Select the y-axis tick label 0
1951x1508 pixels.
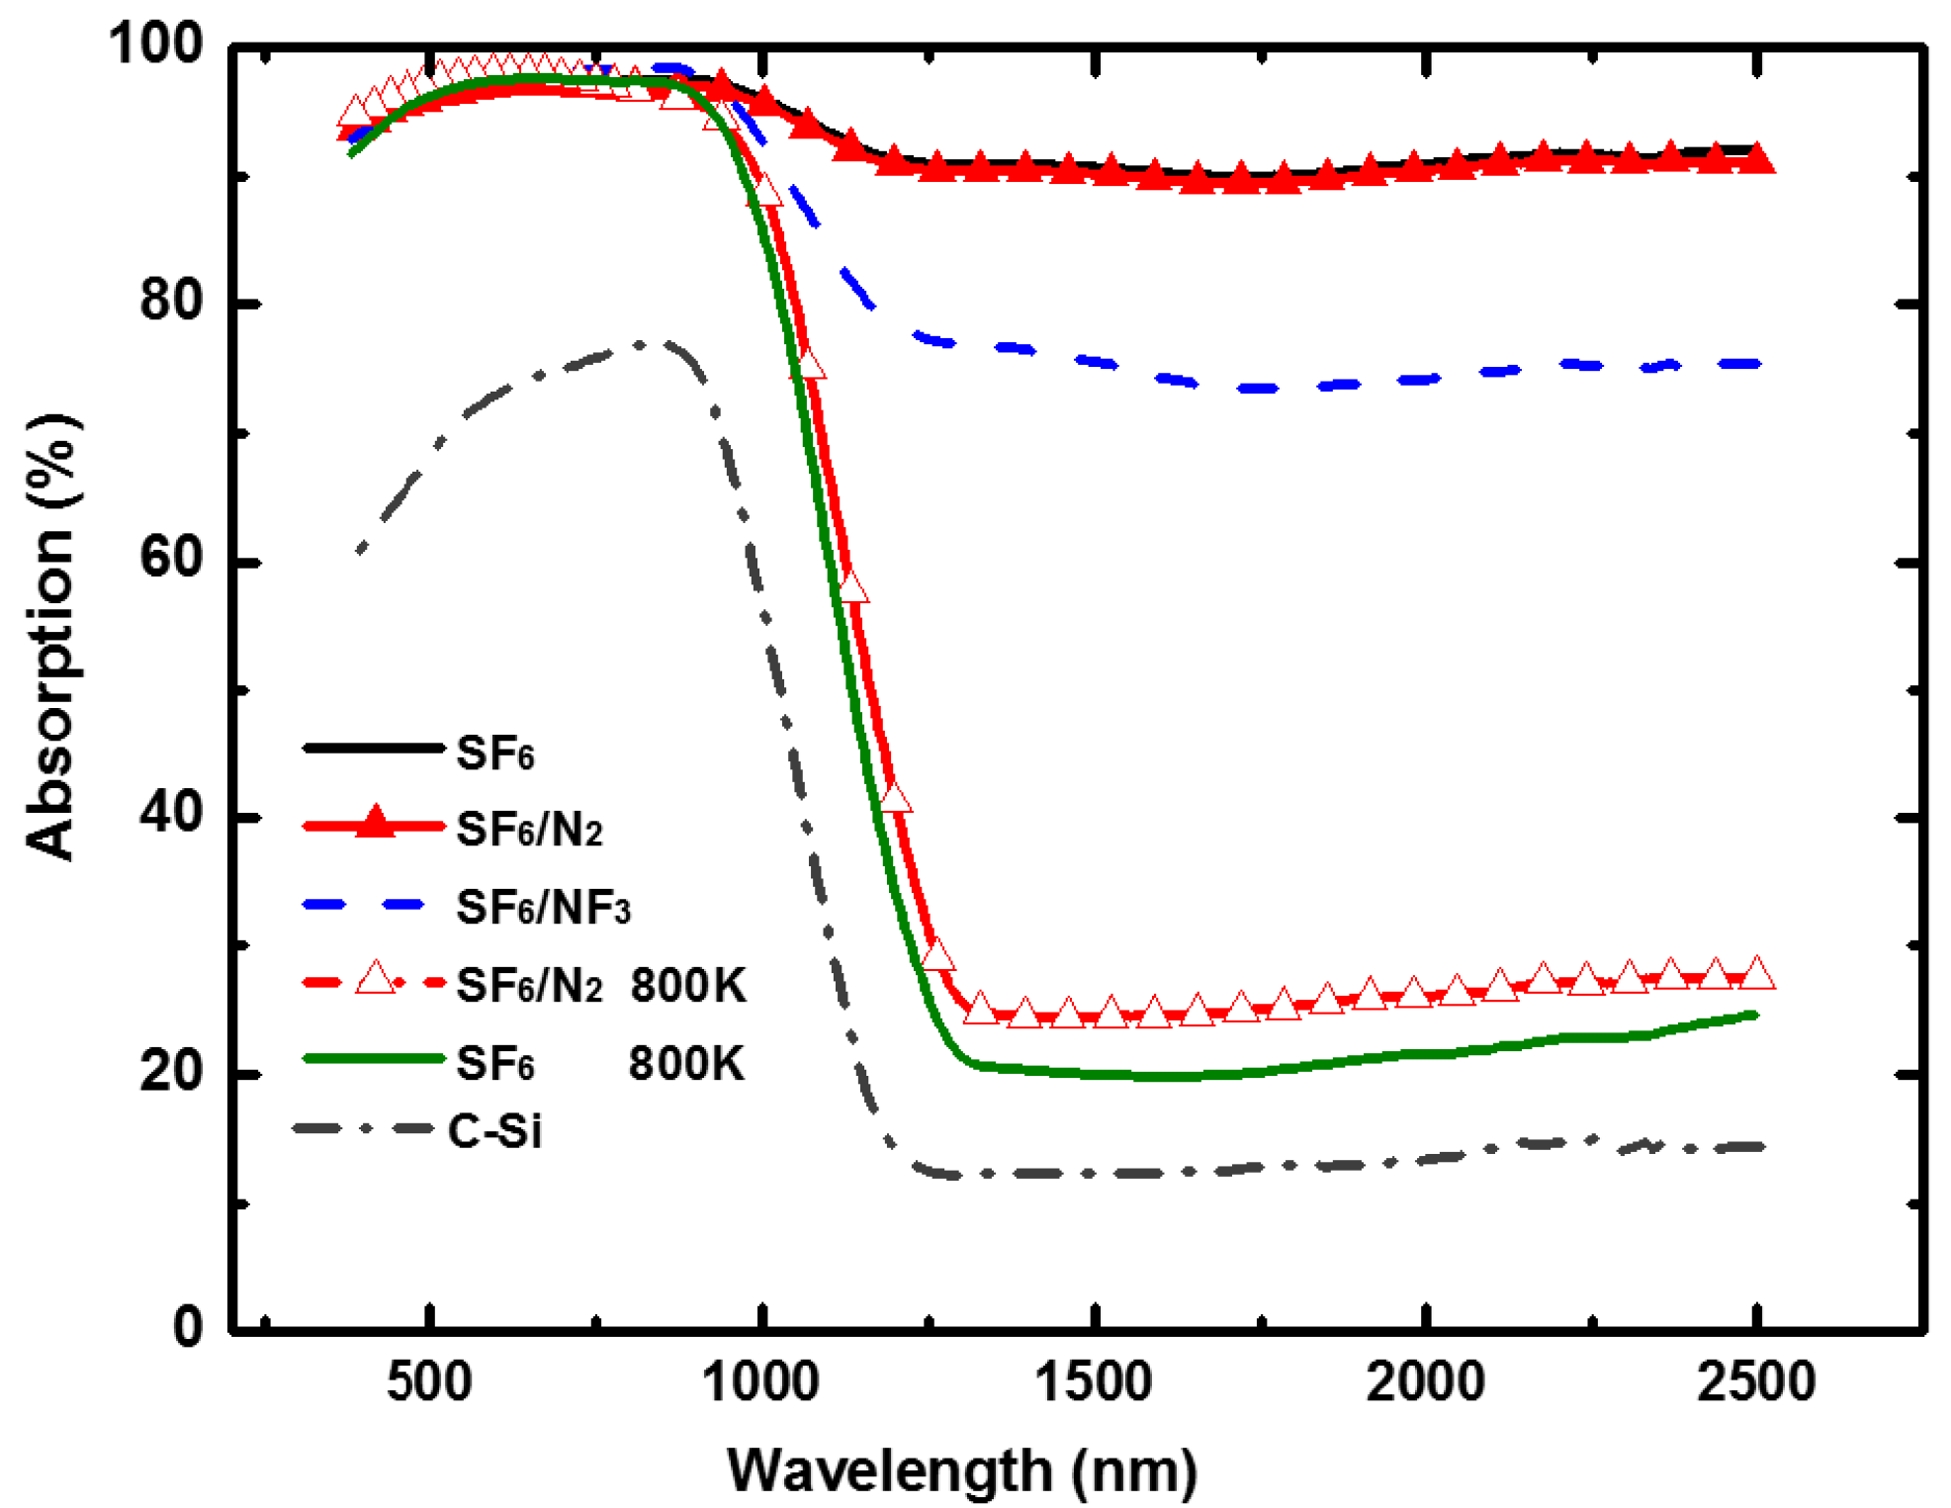(187, 1326)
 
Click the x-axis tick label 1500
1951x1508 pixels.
(1093, 1381)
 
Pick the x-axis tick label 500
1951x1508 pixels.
(428, 1381)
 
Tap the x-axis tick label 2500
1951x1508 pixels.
(1756, 1381)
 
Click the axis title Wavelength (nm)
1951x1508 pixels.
(961, 1469)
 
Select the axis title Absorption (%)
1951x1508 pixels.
(51, 637)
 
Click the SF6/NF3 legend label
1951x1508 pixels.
(543, 908)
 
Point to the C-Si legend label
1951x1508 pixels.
(494, 1130)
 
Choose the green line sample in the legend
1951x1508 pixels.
(373, 1058)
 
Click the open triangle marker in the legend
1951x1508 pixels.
(375, 979)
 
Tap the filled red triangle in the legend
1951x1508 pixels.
(375, 823)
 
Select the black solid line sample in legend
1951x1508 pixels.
(373, 748)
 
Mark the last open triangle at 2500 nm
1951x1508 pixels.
(1757, 973)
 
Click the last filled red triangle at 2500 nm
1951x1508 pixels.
(1757, 158)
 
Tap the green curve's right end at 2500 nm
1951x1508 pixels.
(1755, 1015)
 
